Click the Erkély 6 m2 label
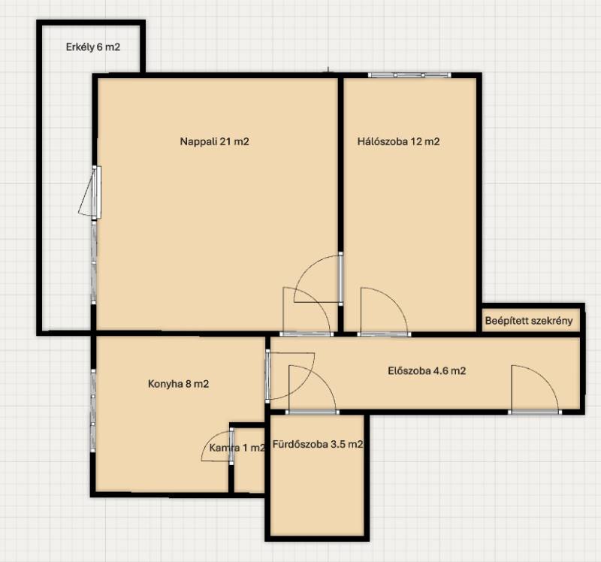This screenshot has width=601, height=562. (x=93, y=47)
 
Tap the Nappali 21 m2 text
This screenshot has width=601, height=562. (x=215, y=141)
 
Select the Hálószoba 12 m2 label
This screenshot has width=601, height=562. (x=399, y=141)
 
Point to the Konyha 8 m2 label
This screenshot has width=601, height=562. (x=179, y=384)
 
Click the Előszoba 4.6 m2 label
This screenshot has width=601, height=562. (x=427, y=370)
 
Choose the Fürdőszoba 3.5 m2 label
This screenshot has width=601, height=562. (x=318, y=444)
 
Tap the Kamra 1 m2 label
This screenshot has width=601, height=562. (x=237, y=447)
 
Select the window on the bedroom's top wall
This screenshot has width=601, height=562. (x=409, y=75)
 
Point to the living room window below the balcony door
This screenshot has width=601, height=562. (x=94, y=262)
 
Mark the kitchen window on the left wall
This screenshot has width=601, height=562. (x=93, y=410)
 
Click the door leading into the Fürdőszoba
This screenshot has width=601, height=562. (x=313, y=390)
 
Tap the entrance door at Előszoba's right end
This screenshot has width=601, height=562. (x=535, y=390)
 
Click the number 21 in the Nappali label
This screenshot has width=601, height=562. (x=226, y=141)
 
